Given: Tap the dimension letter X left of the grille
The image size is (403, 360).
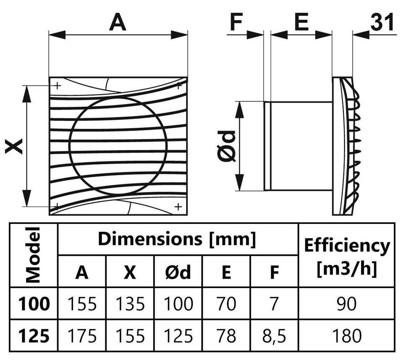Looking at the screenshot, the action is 14,146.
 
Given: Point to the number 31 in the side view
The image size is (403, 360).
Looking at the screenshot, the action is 382,22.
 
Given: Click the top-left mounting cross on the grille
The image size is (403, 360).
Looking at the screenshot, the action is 58,85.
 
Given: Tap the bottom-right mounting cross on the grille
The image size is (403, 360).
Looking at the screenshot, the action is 178,207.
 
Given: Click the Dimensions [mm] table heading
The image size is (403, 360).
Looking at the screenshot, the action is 177,239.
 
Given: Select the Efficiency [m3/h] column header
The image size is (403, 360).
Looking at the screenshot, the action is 347,257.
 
